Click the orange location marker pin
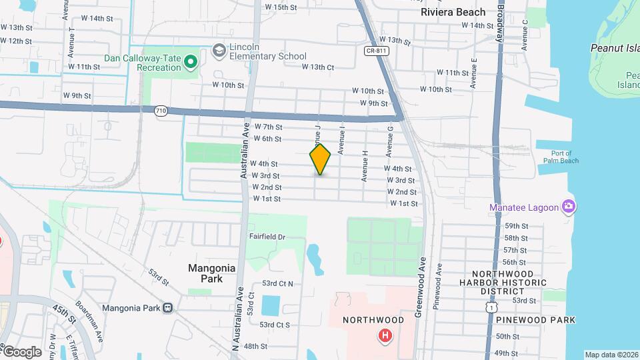pos(320,159)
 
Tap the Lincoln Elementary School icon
pos(219,51)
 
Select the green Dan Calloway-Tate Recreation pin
pos(191,62)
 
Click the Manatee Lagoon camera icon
pos(569,207)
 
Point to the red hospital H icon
pos(384,335)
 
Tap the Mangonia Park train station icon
pos(167,308)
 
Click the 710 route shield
pos(161,111)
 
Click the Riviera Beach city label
pos(453,12)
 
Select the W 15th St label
pos(280,7)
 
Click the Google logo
pos(21,351)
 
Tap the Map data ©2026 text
pos(611,355)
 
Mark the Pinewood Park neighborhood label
pos(535,320)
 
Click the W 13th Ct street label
pos(317,67)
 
